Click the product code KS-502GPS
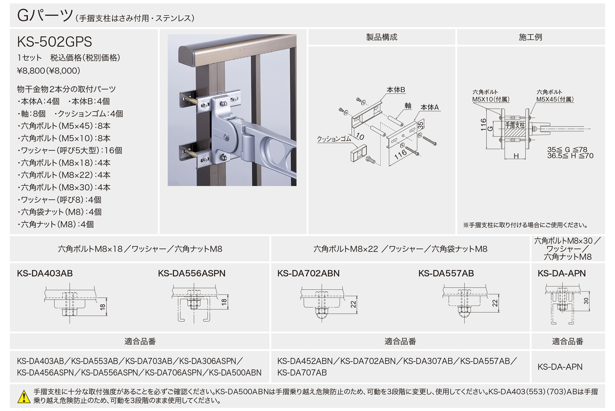pyautogui.click(x=54, y=42)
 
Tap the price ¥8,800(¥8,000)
pyautogui.click(x=49, y=71)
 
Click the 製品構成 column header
pyautogui.click(x=382, y=37)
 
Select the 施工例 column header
pyautogui.click(x=530, y=37)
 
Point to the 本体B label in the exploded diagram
pyautogui.click(x=395, y=90)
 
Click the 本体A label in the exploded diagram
pyautogui.click(x=429, y=107)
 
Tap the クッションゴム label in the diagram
pyautogui.click(x=334, y=139)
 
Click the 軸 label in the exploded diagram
pyautogui.click(x=408, y=106)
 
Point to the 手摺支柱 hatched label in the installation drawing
pyautogui.click(x=515, y=126)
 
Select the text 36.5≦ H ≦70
pyautogui.click(x=570, y=156)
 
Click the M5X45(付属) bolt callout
pyautogui.click(x=555, y=99)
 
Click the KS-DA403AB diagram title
pyautogui.click(x=45, y=273)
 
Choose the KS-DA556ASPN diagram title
pyautogui.click(x=192, y=273)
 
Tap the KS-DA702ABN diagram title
pyautogui.click(x=308, y=273)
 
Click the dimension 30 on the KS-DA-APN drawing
pyautogui.click(x=586, y=301)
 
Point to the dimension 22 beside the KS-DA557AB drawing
pyautogui.click(x=495, y=303)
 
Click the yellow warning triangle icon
pyautogui.click(x=24, y=397)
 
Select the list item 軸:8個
pyautogui.click(x=31, y=114)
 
